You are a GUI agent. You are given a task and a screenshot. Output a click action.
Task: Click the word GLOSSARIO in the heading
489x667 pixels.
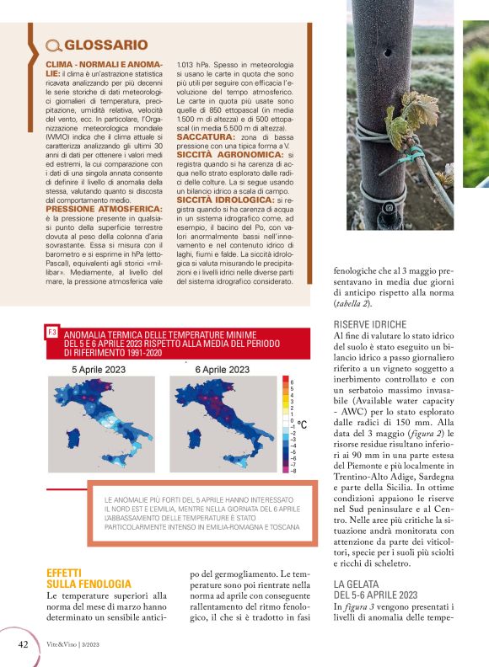[x=106, y=45]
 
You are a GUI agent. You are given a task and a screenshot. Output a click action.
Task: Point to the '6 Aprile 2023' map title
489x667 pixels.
[x=222, y=370]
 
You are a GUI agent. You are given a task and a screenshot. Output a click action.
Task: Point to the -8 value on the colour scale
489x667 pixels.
[x=292, y=471]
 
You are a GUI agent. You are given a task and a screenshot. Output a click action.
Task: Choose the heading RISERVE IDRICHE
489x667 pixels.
[x=370, y=324]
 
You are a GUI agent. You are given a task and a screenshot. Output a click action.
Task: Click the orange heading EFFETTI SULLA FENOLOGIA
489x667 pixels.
[x=89, y=577]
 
